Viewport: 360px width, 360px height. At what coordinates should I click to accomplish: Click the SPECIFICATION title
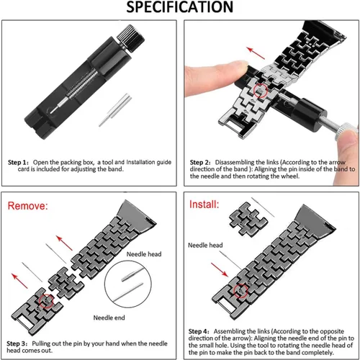180,7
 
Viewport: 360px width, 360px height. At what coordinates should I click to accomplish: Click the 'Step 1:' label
18,162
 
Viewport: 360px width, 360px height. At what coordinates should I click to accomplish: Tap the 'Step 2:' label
200,162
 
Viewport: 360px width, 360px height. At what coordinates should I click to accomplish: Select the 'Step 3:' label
17,343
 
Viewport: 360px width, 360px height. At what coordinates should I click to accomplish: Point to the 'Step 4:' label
199,331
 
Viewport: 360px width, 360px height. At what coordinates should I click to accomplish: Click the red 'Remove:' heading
27,206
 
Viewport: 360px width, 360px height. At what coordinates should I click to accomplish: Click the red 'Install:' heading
204,204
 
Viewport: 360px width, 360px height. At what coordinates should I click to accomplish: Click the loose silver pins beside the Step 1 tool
115,110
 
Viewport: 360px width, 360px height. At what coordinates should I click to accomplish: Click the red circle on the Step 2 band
261,91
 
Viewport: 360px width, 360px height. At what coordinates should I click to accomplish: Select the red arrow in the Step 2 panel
256,53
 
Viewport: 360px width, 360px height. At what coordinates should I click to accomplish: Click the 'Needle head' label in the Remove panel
144,254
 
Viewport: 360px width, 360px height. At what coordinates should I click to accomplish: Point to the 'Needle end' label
109,318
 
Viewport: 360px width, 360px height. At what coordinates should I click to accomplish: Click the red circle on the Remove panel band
46,301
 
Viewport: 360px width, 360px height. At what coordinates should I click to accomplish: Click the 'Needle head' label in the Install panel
205,245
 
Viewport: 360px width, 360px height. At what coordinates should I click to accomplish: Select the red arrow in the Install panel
220,269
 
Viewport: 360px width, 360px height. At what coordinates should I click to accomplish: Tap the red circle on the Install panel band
240,291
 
